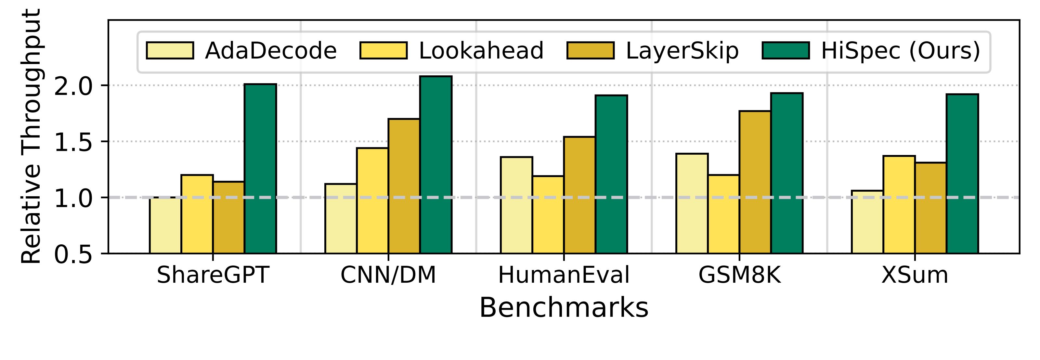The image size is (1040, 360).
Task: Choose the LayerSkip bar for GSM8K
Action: click(755, 182)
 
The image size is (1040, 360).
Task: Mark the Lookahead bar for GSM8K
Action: click(723, 214)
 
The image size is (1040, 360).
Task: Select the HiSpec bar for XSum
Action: click(962, 174)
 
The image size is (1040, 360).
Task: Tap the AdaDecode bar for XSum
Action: click(867, 222)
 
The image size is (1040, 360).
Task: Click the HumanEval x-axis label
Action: click(564, 276)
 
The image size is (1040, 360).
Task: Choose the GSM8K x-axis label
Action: click(740, 276)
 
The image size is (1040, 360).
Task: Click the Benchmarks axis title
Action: click(564, 308)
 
